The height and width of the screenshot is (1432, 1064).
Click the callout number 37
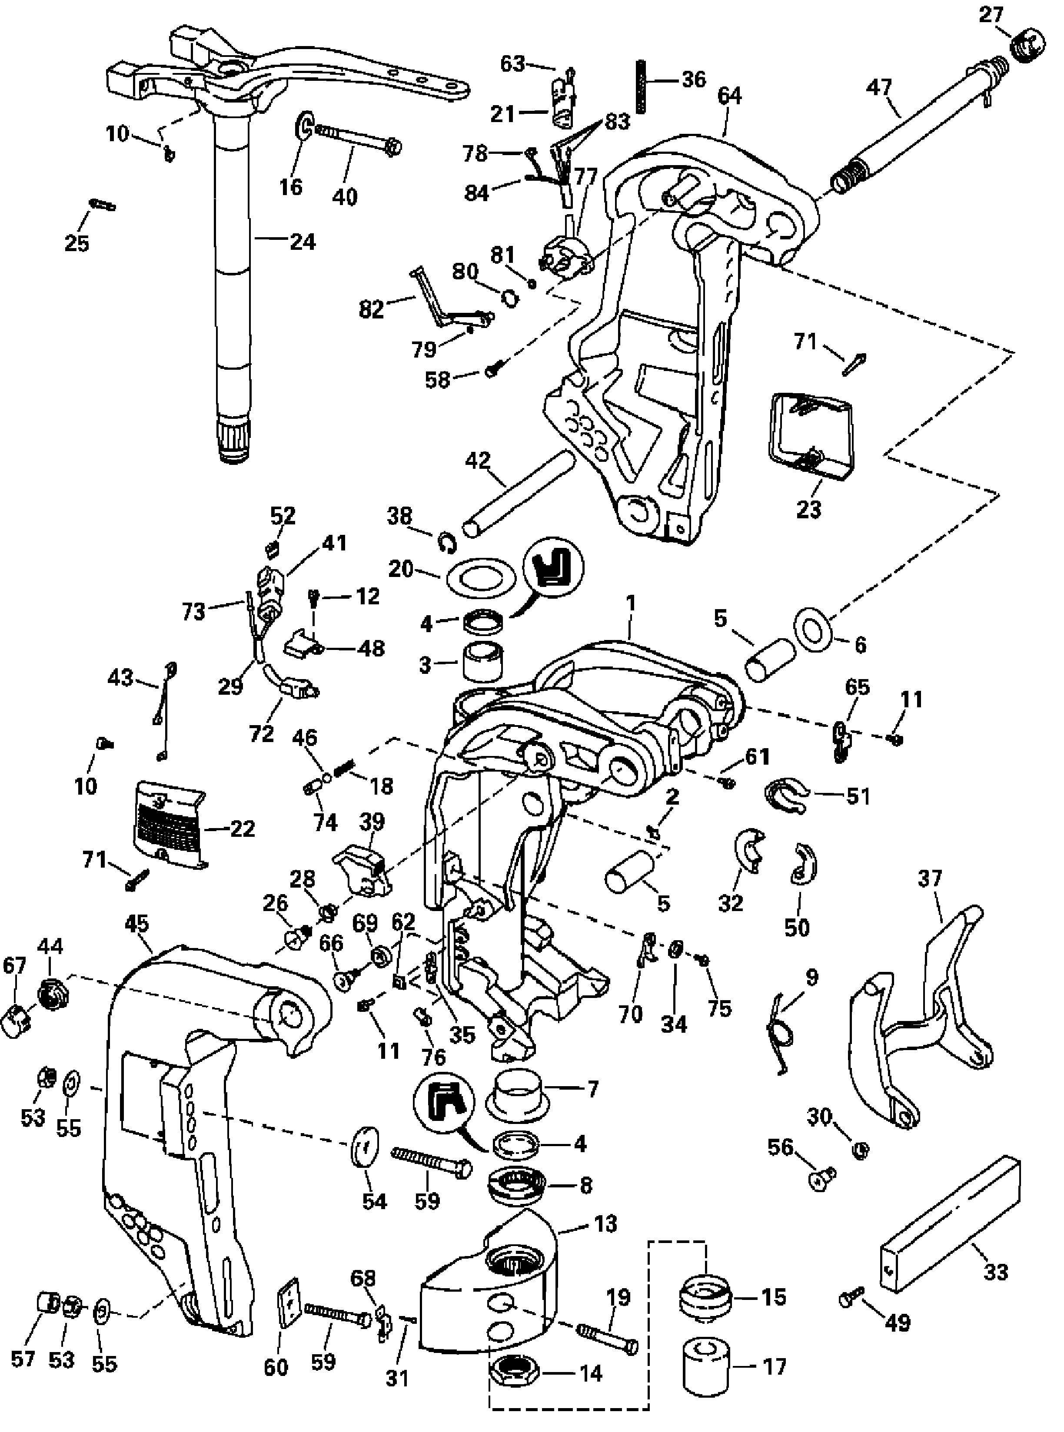(929, 878)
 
